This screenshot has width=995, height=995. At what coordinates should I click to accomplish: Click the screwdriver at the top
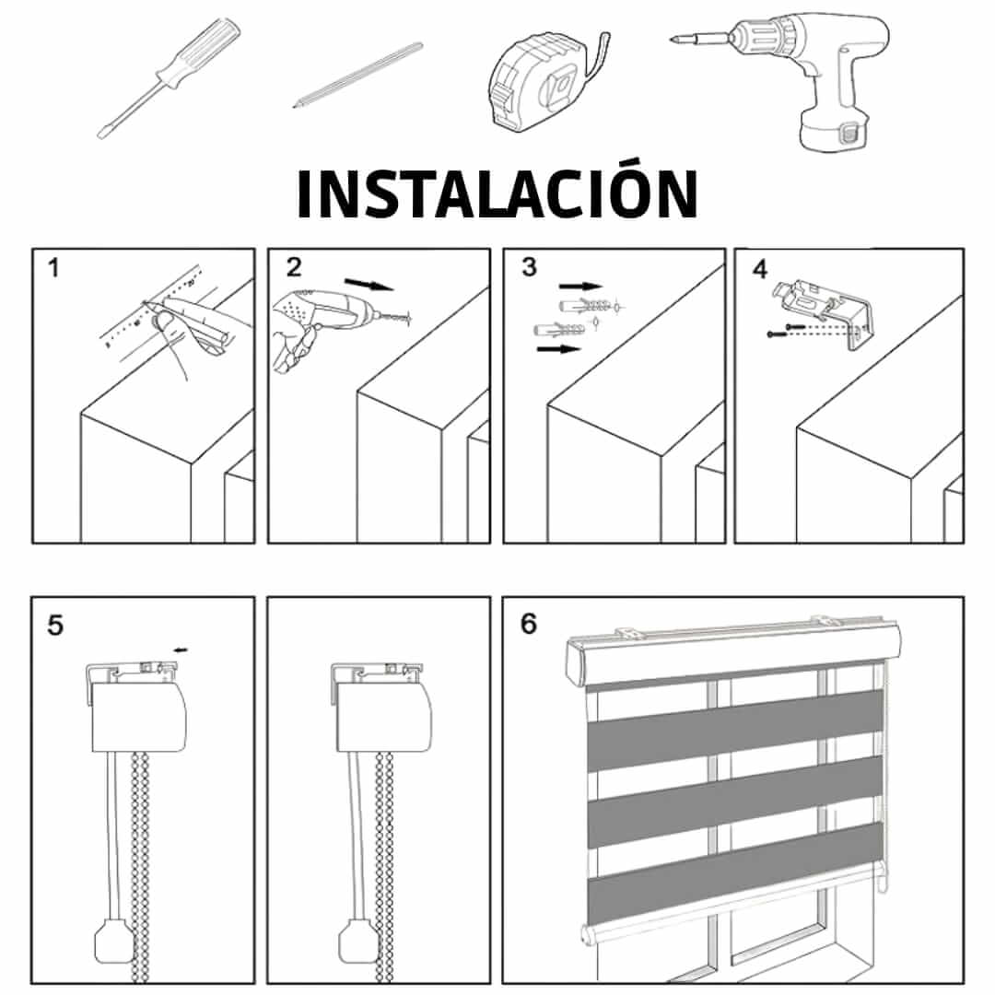point(169,78)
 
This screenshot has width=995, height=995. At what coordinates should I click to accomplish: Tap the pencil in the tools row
point(357,75)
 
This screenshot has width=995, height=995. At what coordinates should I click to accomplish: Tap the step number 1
point(53,268)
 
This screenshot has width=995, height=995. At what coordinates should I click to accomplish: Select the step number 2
point(293,267)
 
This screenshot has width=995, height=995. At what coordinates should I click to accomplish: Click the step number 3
point(529,267)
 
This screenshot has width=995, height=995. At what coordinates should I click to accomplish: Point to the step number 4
point(759,269)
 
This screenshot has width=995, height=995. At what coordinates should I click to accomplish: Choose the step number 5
point(55,626)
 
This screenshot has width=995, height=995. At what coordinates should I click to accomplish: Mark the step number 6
point(529,624)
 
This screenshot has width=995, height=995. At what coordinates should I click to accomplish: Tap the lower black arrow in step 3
point(559,349)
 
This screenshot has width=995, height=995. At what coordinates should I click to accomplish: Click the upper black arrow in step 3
point(580,287)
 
